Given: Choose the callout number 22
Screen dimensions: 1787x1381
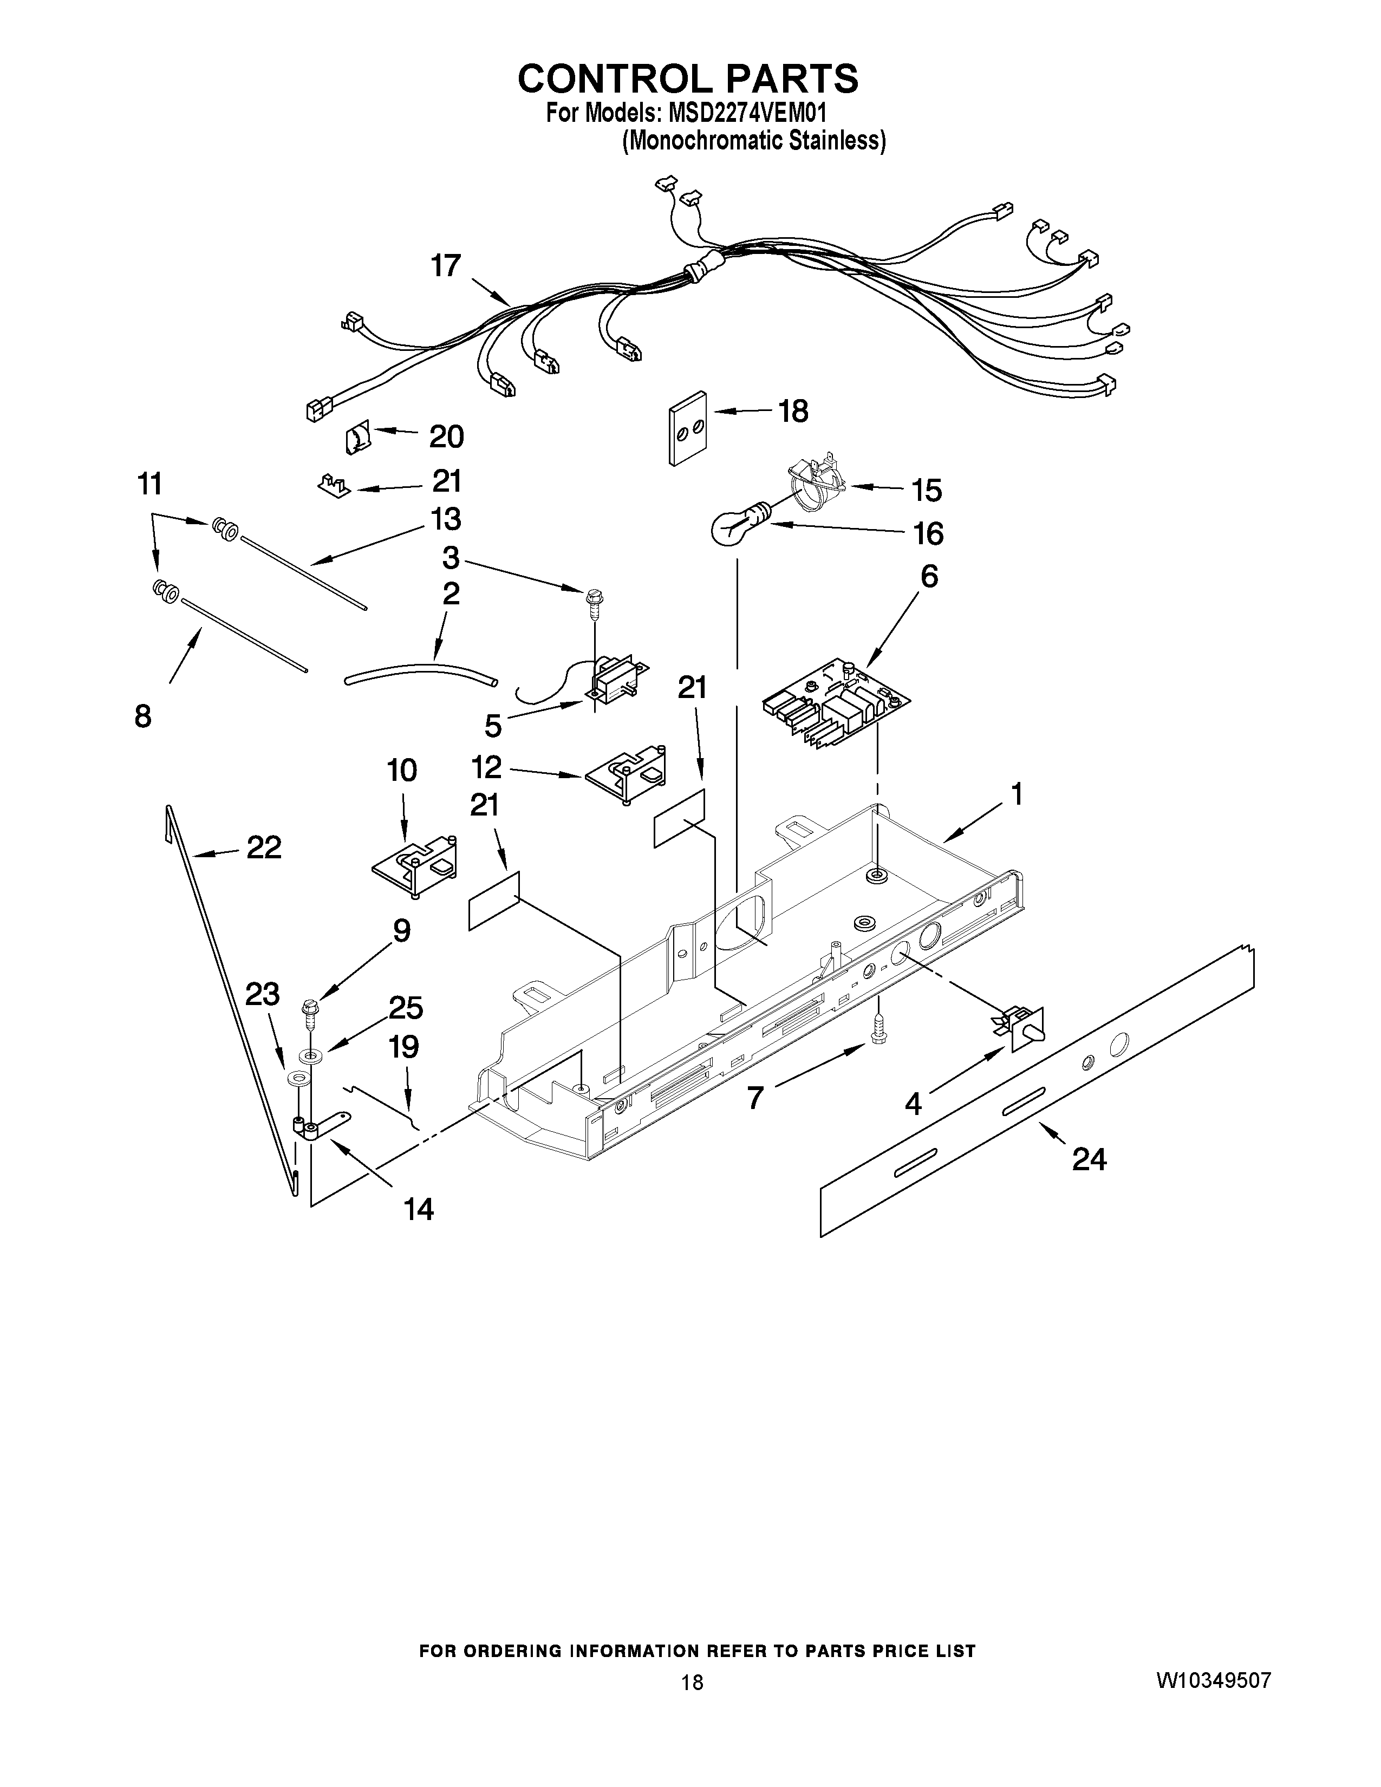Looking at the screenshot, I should pos(263,847).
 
